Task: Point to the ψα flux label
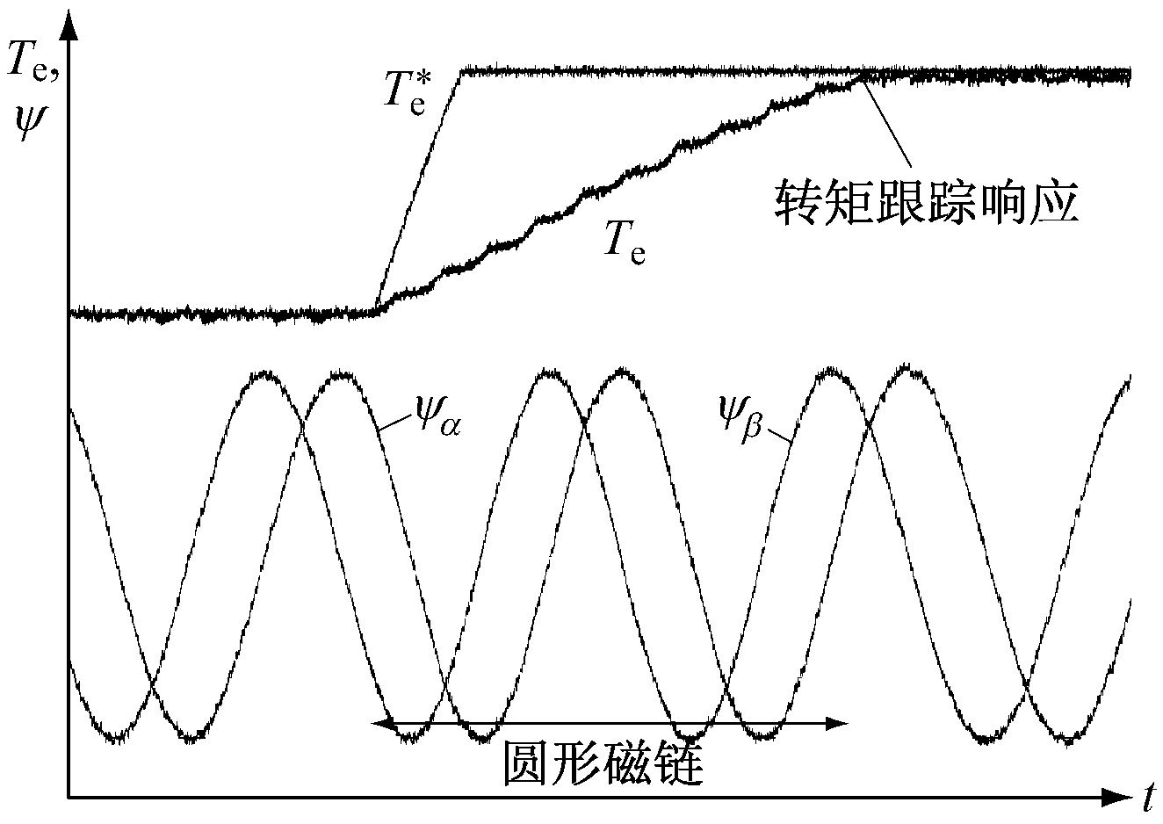[437, 416]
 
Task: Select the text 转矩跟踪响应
[927, 202]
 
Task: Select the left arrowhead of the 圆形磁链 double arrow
[383, 723]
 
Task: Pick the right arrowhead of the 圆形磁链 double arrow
[836, 723]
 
